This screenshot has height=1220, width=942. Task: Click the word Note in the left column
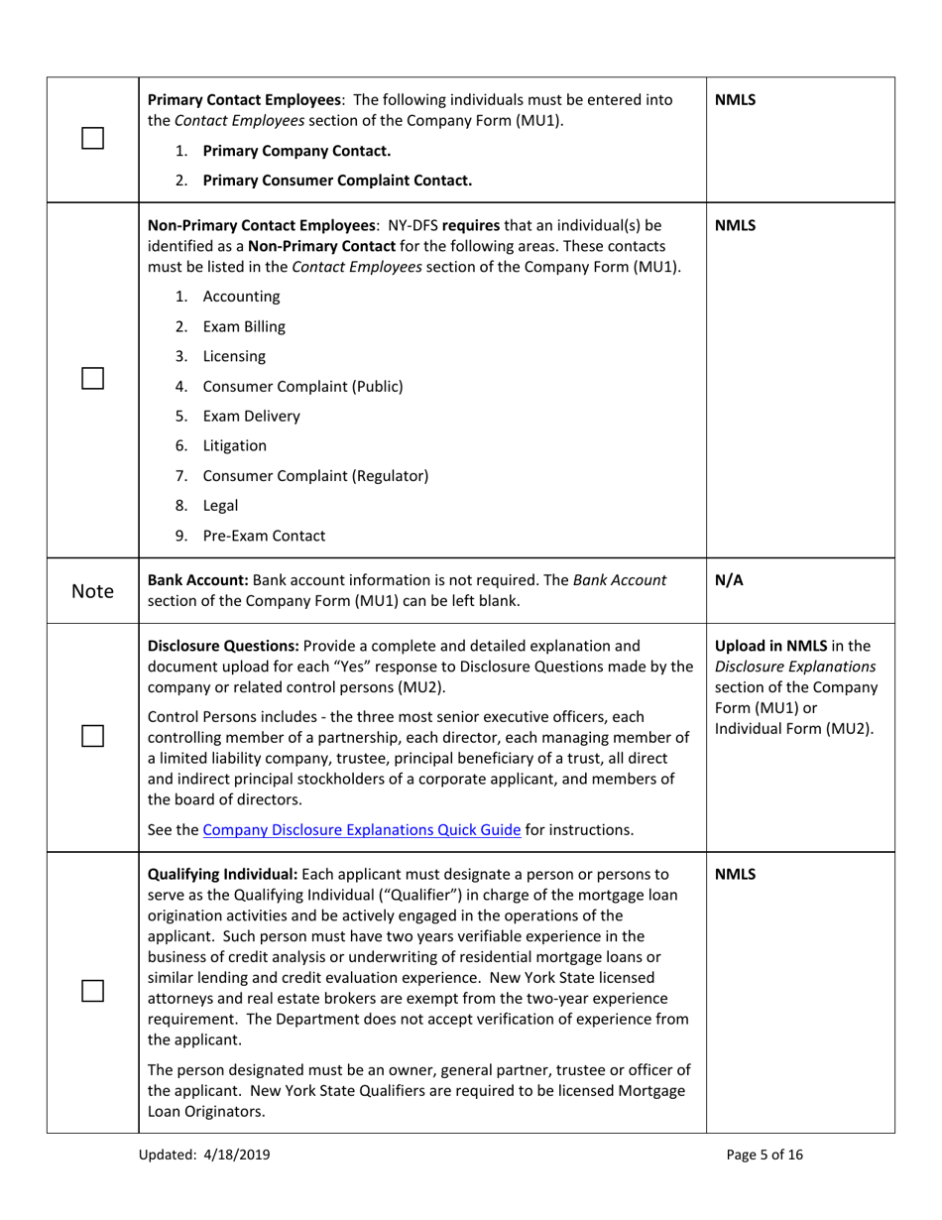(x=92, y=591)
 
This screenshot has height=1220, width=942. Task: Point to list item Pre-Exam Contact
(x=264, y=536)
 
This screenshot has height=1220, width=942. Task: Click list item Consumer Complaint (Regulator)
(x=315, y=475)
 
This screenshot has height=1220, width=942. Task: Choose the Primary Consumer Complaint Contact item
(x=336, y=181)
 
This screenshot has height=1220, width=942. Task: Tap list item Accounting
(x=241, y=297)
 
